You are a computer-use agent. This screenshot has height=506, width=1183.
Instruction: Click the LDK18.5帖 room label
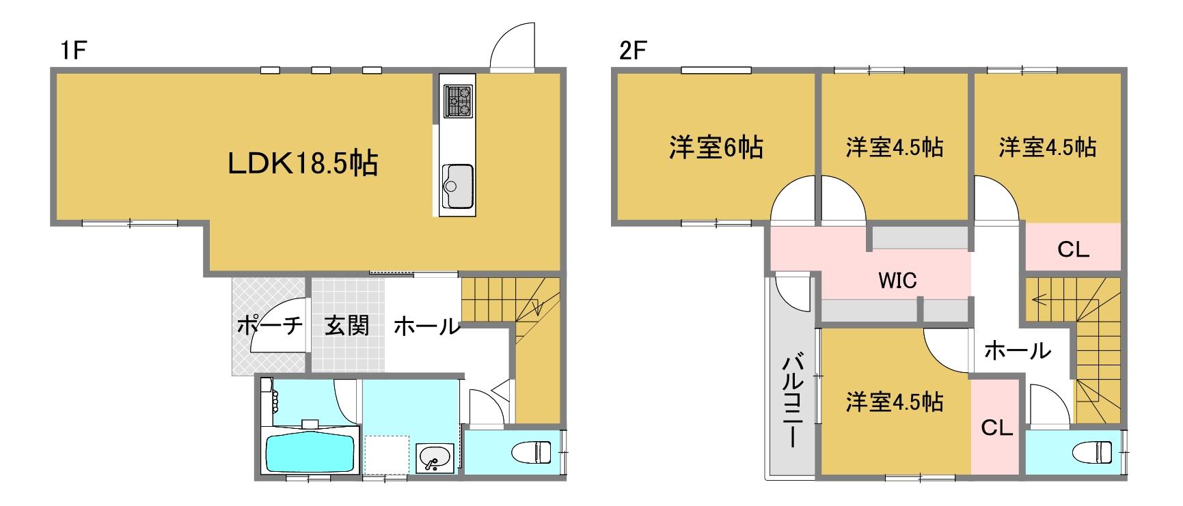(303, 164)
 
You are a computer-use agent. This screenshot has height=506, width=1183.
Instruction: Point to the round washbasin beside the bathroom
(433, 457)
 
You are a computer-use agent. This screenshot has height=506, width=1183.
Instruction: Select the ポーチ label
(269, 326)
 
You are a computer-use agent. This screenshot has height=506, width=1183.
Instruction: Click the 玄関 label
(346, 326)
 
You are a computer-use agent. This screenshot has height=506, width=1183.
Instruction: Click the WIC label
(897, 280)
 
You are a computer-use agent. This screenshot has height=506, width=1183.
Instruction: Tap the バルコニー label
(793, 400)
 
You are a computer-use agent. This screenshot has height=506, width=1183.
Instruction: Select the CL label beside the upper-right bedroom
(1073, 250)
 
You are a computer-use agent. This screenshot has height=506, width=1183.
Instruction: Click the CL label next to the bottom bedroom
(996, 428)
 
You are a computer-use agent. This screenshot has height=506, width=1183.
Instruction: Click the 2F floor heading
(632, 52)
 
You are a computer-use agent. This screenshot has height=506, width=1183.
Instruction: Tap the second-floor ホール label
(1017, 351)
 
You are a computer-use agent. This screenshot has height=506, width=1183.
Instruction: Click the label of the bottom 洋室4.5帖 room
(895, 402)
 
